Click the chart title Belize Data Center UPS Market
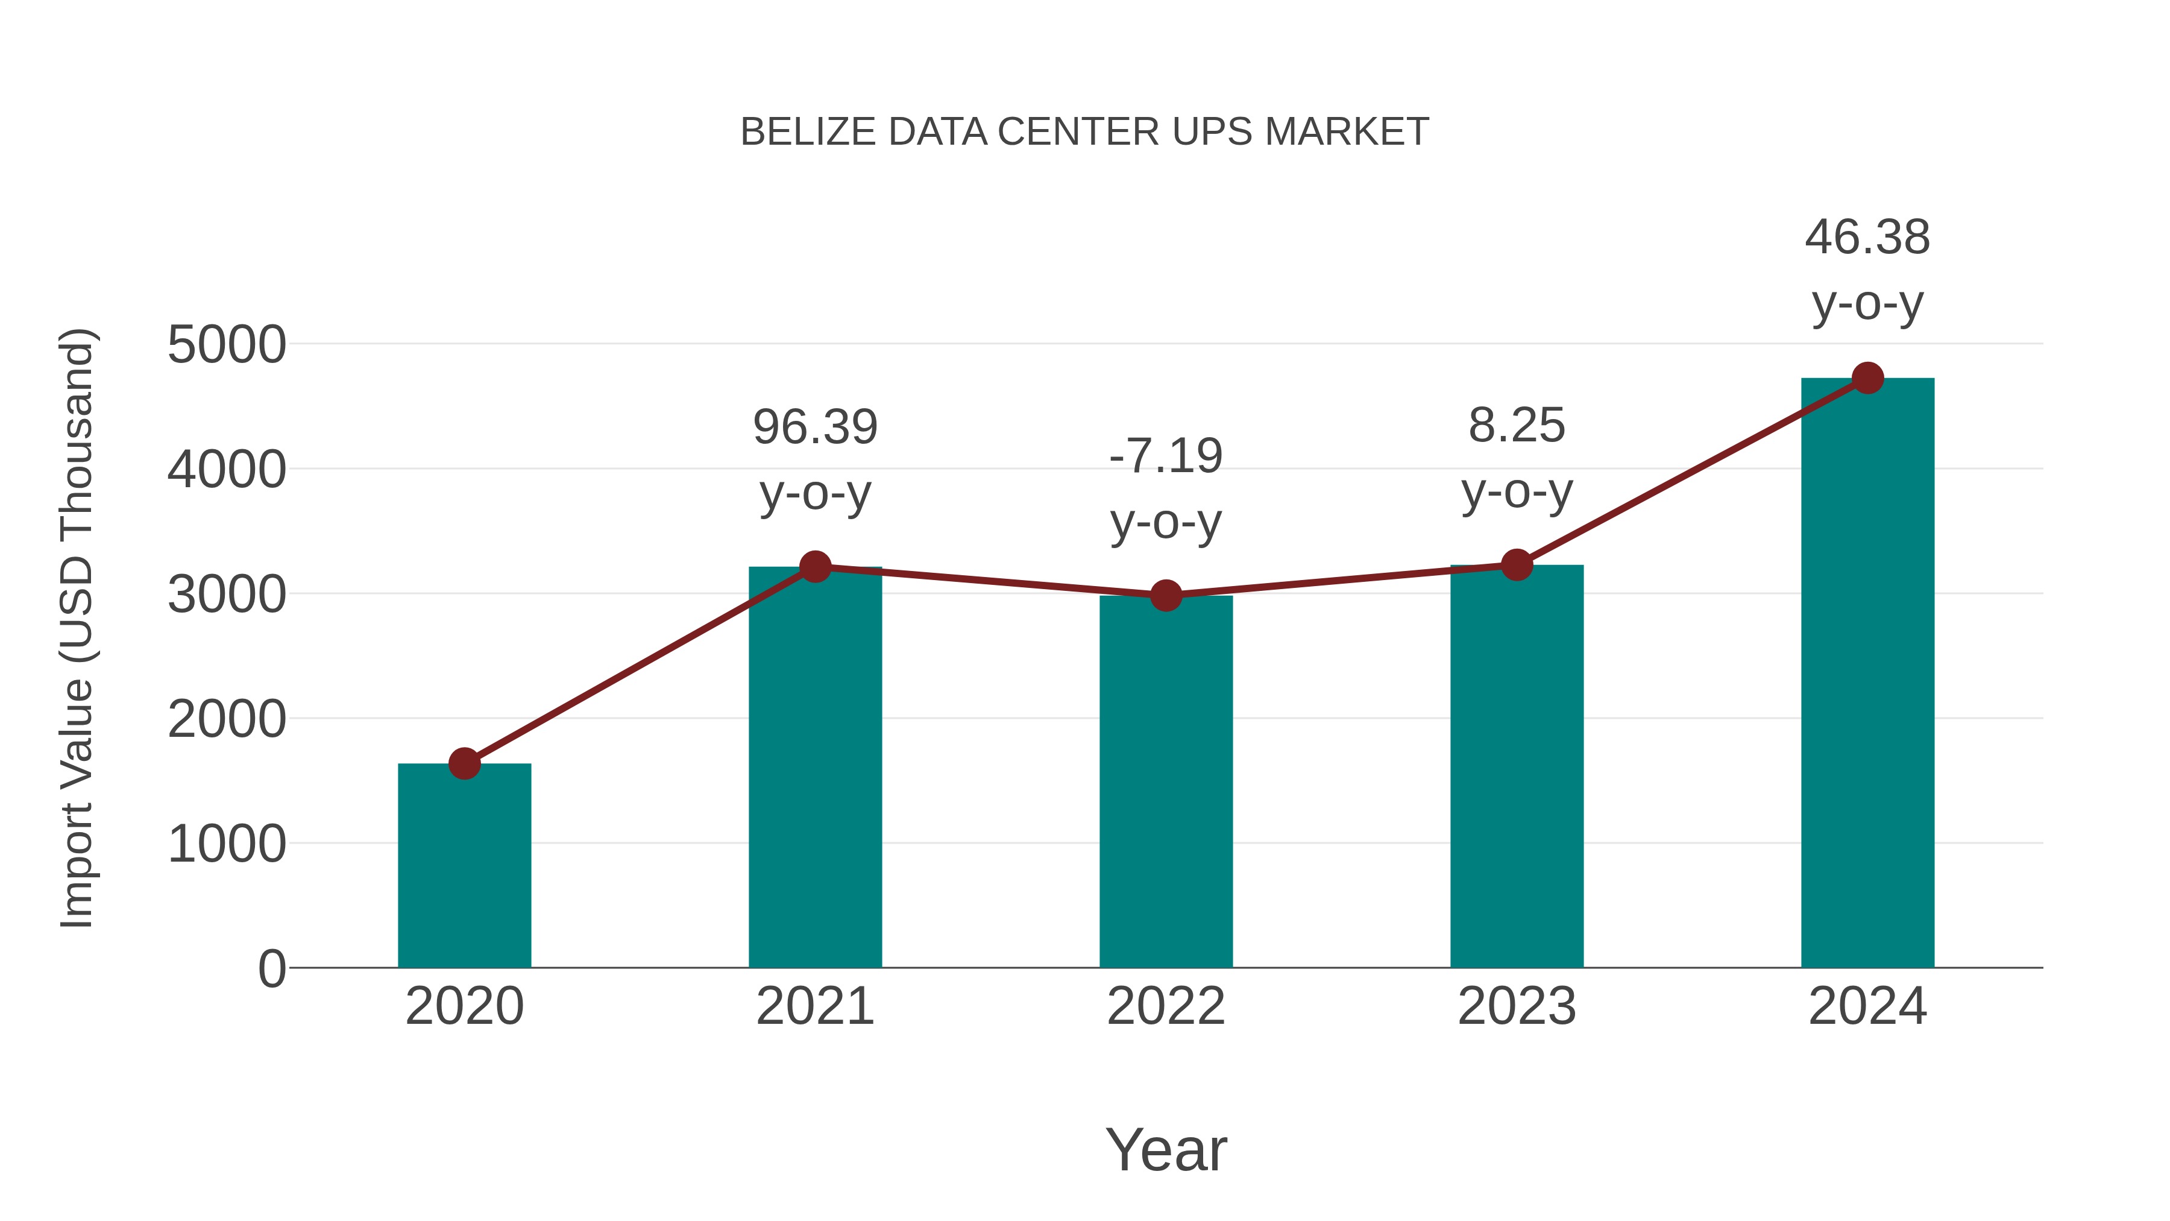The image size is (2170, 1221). [x=1084, y=132]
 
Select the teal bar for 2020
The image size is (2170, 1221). [x=464, y=868]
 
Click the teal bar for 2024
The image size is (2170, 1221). [x=1867, y=674]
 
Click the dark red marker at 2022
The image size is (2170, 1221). [x=1166, y=596]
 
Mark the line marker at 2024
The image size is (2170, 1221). [x=1867, y=378]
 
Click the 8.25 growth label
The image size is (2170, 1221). [x=1517, y=426]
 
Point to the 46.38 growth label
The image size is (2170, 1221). [x=1867, y=238]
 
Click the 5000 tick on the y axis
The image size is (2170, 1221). [x=227, y=345]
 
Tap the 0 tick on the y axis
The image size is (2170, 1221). [x=271, y=968]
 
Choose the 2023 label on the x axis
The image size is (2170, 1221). [x=1517, y=1006]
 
